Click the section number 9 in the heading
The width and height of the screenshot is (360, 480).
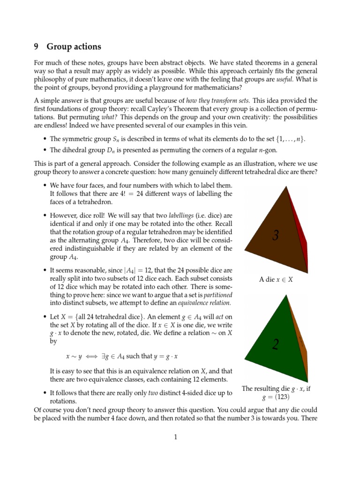pos(36,47)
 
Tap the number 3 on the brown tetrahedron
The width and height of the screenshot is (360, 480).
pos(276,235)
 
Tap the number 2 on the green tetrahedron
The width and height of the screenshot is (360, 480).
pos(276,345)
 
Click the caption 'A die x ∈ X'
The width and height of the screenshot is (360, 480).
pos(276,279)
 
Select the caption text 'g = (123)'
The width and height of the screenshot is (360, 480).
pos(276,397)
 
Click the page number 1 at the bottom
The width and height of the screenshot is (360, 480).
pos(176,437)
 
